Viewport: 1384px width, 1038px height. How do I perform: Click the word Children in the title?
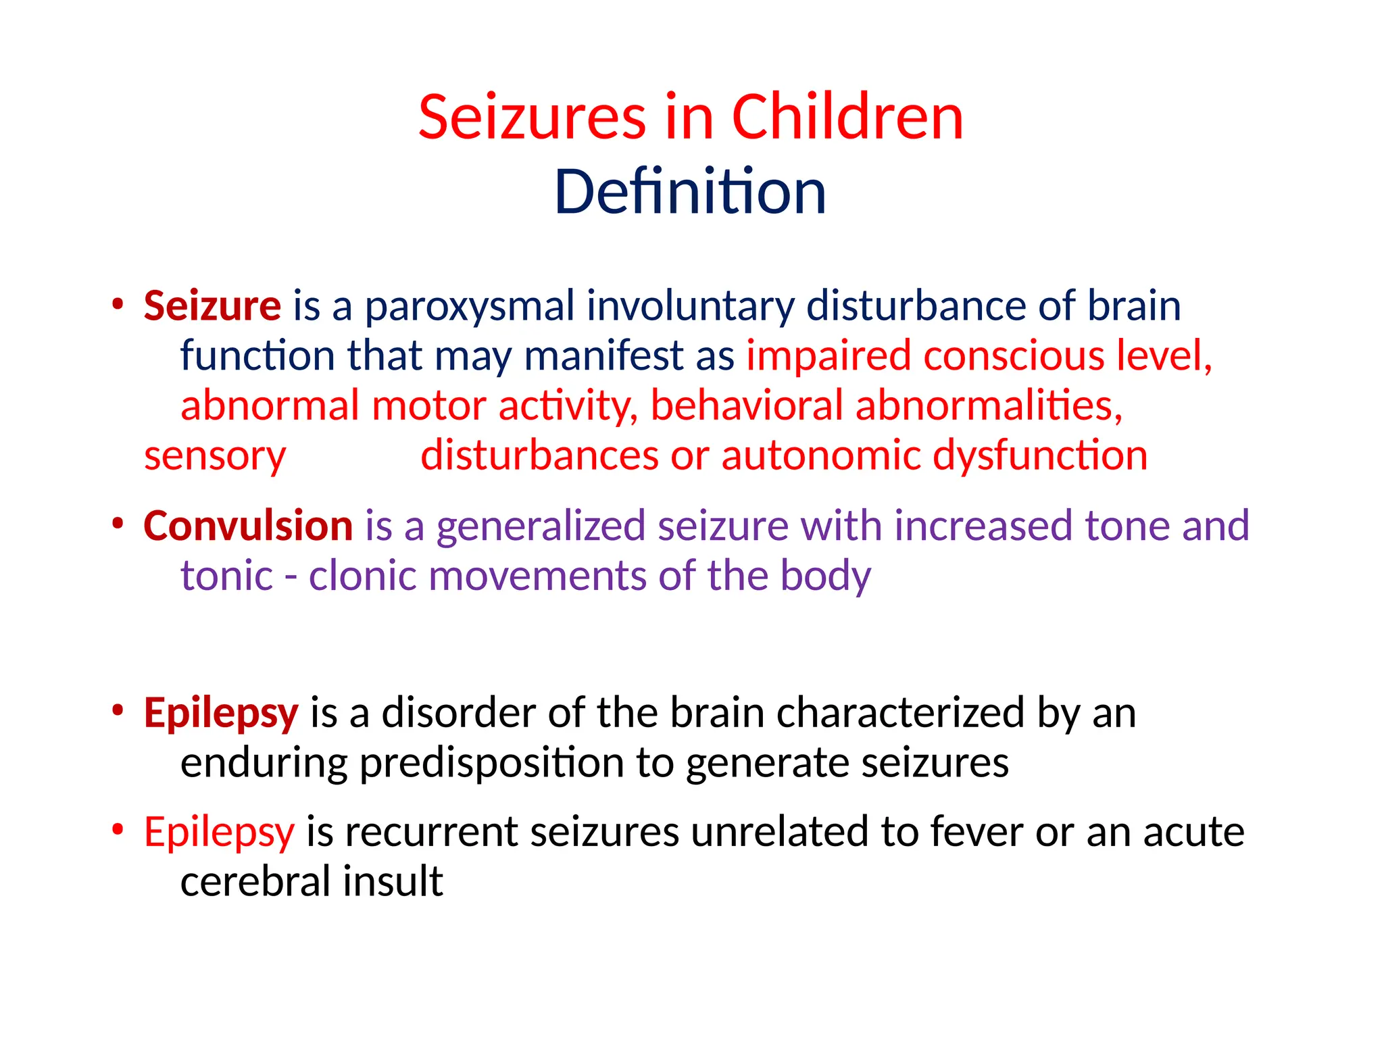(847, 118)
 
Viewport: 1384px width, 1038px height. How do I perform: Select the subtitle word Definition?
(690, 193)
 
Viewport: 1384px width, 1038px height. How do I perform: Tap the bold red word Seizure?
(212, 306)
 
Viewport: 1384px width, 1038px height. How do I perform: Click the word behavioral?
(747, 406)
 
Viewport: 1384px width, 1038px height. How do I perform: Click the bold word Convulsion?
(248, 526)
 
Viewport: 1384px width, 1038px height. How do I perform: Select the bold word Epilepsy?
(221, 714)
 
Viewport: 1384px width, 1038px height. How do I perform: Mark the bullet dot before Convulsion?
(118, 523)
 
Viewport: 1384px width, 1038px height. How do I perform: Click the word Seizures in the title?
(533, 118)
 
